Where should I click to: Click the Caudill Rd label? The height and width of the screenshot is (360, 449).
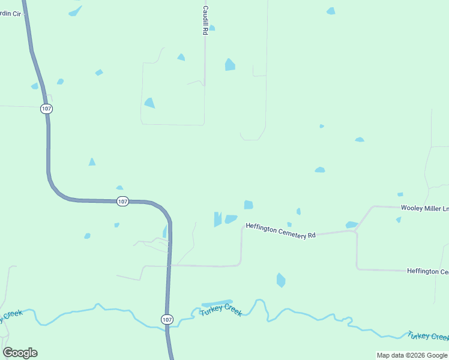(x=205, y=20)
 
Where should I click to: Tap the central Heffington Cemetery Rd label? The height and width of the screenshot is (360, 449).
(x=280, y=231)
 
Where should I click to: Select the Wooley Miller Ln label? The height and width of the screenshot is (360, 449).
(x=424, y=208)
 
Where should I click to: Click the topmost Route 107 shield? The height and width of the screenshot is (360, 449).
(x=47, y=109)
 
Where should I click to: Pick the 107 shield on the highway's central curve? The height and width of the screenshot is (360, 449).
(x=122, y=202)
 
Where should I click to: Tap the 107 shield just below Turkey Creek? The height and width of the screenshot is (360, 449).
(x=166, y=320)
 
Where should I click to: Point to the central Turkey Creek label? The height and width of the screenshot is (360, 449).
(x=221, y=310)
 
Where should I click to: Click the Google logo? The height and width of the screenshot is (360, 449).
(x=20, y=353)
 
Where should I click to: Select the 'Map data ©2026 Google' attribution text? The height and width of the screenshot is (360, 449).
(x=412, y=355)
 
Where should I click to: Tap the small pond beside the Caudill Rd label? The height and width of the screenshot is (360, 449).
(x=212, y=28)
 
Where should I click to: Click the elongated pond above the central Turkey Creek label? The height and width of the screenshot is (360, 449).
(x=216, y=303)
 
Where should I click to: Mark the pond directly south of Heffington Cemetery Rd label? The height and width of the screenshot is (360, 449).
(x=280, y=280)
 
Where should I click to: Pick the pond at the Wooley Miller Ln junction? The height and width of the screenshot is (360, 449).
(x=351, y=225)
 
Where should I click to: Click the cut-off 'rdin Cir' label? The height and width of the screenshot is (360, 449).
(x=11, y=13)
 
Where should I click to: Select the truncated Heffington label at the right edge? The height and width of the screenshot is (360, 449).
(x=427, y=272)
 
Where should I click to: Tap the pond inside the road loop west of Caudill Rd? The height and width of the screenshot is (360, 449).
(x=149, y=103)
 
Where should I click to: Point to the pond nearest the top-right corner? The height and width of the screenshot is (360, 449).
(x=331, y=11)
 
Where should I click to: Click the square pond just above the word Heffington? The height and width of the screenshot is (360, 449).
(x=249, y=205)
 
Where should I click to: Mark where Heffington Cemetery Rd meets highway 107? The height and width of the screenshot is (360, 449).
(x=170, y=265)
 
